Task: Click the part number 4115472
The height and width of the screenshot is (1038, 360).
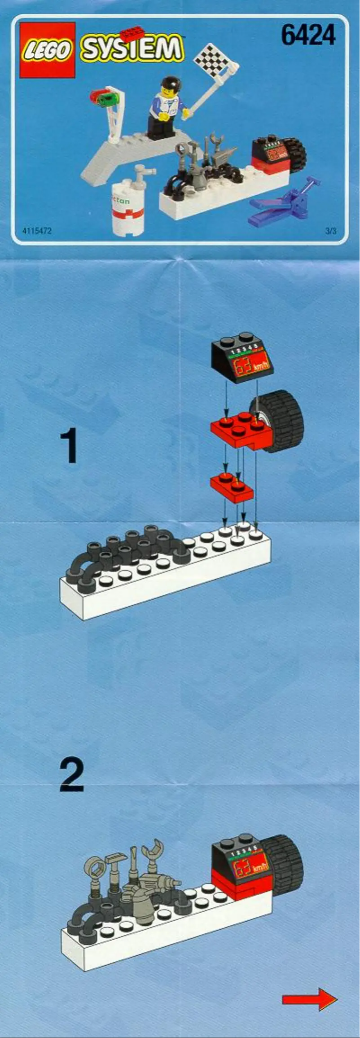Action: click(37, 231)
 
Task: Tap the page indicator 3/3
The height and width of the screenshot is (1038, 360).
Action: click(330, 231)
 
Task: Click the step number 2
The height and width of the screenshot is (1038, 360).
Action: click(71, 776)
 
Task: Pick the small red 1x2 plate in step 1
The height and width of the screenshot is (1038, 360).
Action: click(232, 486)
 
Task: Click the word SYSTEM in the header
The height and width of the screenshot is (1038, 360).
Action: click(132, 49)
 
